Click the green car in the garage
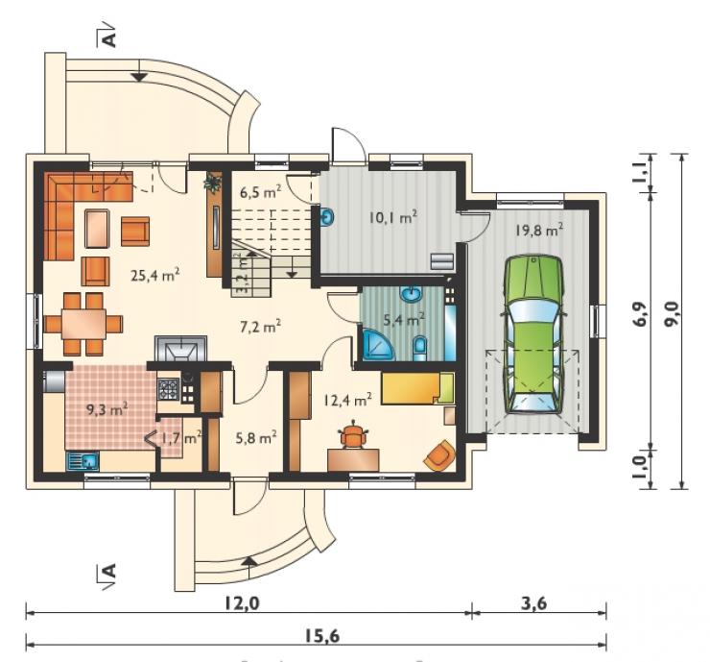532,334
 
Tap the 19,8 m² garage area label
539,230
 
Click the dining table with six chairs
83,324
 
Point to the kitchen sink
83,461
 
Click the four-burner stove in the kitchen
168,390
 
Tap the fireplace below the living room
180,348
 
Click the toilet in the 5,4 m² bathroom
419,348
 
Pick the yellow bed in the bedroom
417,388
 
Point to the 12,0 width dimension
242,603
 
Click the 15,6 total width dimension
321,636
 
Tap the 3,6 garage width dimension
534,603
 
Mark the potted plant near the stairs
213,183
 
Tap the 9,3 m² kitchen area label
106,410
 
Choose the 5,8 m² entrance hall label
256,437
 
